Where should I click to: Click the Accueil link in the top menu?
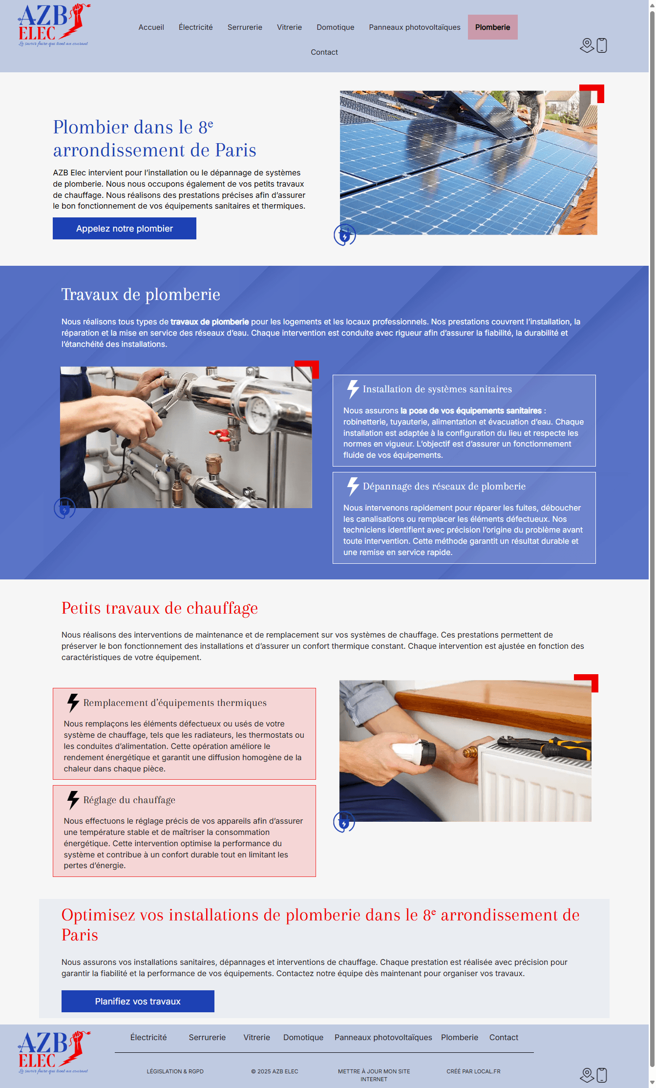pyautogui.click(x=151, y=27)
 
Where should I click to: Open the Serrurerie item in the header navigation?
pyautogui.click(x=245, y=27)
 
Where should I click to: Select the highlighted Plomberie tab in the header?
pyautogui.click(x=492, y=27)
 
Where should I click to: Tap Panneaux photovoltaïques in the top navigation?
pyautogui.click(x=415, y=27)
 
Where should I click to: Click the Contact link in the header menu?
pyautogui.click(x=324, y=52)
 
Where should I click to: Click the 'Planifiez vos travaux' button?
pyautogui.click(x=138, y=1001)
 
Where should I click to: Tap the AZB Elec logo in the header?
pyautogui.click(x=54, y=25)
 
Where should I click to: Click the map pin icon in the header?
pyautogui.click(x=587, y=45)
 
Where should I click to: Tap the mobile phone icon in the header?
pyautogui.click(x=602, y=45)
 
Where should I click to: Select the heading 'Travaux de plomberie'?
pyautogui.click(x=141, y=295)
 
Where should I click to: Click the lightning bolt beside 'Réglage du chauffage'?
pyautogui.click(x=73, y=800)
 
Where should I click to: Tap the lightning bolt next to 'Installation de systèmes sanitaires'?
pyautogui.click(x=353, y=389)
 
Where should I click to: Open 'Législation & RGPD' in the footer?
pyautogui.click(x=175, y=1071)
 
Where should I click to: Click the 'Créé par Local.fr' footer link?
pyautogui.click(x=473, y=1071)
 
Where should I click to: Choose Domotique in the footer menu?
pyautogui.click(x=303, y=1037)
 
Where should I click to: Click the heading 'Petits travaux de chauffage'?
pyautogui.click(x=160, y=608)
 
